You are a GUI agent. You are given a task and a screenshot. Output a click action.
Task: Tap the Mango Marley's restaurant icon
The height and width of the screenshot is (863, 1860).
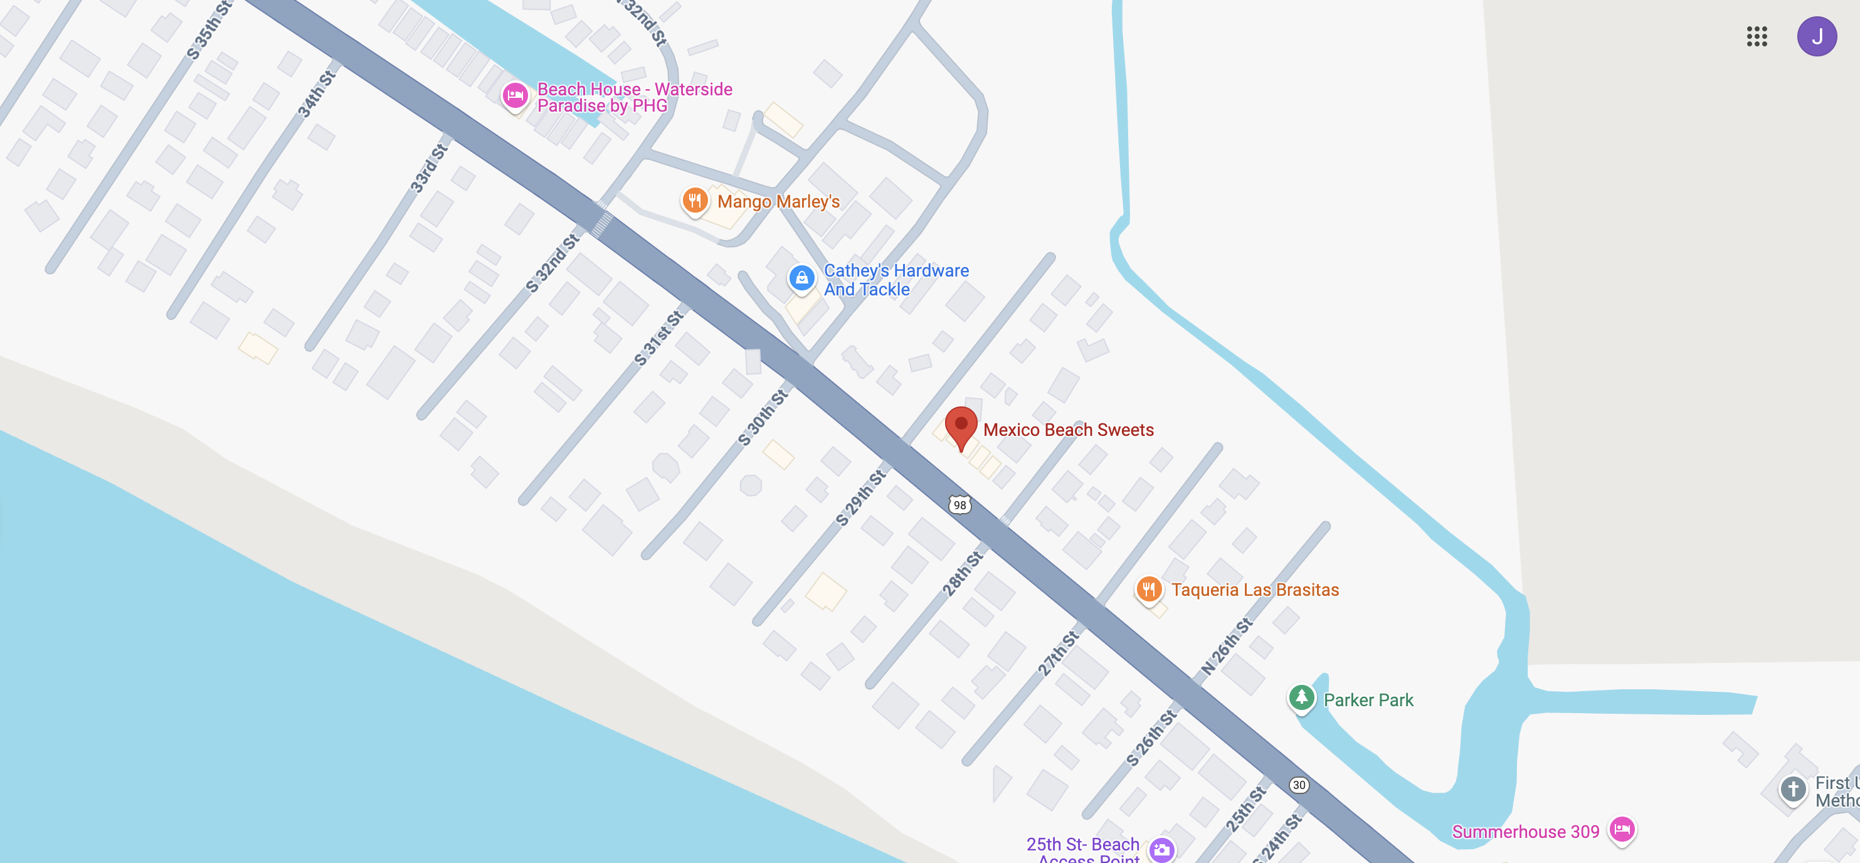(695, 200)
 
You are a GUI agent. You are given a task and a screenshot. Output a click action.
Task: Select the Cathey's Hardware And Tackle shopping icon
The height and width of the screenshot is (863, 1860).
(801, 278)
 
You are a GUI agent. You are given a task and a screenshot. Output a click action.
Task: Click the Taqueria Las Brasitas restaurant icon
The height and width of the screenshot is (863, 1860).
(1149, 590)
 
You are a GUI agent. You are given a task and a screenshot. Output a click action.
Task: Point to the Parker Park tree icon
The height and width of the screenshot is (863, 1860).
(1301, 697)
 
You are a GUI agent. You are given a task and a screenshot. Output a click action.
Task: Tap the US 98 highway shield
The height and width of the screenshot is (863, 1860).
(959, 505)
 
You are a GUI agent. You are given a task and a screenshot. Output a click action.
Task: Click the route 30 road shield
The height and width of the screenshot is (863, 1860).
(1299, 785)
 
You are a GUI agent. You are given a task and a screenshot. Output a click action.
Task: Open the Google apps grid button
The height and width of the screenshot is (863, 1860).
(1757, 36)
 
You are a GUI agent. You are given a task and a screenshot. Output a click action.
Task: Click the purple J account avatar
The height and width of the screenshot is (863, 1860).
(1817, 36)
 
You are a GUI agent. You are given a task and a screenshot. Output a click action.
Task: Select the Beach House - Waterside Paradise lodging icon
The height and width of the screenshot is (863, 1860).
(515, 95)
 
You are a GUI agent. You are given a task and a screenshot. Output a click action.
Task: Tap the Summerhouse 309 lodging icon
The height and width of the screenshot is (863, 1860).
(1622, 829)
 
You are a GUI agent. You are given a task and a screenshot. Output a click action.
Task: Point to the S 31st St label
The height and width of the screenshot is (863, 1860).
(658, 338)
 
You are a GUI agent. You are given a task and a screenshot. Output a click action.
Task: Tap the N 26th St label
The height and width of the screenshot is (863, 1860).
(1227, 647)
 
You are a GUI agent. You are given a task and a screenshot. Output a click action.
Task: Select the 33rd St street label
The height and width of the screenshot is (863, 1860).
(429, 168)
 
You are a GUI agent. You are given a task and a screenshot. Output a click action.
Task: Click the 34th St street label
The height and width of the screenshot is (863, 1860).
(317, 94)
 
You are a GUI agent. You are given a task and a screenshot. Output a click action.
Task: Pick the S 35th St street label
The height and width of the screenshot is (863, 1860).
(209, 30)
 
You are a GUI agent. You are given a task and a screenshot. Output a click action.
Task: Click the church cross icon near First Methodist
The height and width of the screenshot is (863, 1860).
(1794, 788)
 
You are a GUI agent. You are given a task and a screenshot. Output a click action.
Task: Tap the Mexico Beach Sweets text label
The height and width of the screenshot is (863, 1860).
(1068, 430)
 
